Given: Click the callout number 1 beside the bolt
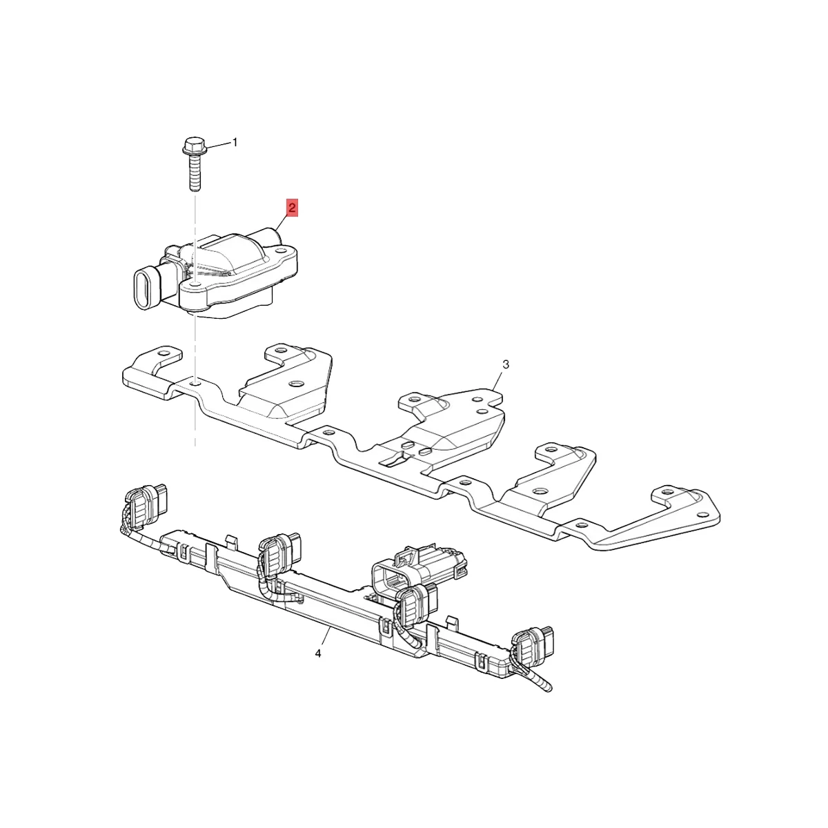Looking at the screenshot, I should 235,142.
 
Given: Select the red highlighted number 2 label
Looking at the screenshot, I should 293,208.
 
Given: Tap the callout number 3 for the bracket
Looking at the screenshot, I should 506,364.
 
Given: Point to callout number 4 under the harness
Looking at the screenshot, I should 318,653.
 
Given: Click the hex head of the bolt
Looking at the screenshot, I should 192,147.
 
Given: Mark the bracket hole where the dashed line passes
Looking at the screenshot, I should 196,382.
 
